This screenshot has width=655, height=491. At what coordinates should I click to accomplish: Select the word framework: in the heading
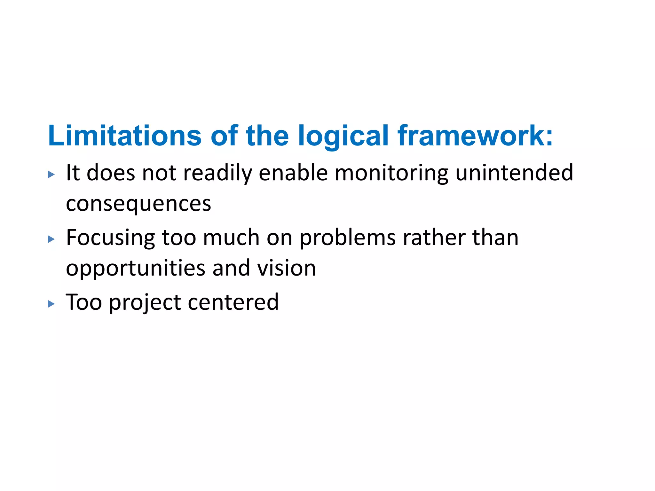click(x=475, y=136)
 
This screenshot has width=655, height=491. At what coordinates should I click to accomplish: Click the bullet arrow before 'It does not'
click(x=51, y=174)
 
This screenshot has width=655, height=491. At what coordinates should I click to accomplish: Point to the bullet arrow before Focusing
click(x=51, y=239)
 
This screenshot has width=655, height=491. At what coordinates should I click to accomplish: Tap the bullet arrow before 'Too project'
click(x=51, y=304)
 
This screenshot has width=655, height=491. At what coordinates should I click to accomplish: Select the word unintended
click(x=514, y=173)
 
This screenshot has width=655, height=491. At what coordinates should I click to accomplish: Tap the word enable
click(x=293, y=173)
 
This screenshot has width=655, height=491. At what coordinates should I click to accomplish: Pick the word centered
click(x=233, y=302)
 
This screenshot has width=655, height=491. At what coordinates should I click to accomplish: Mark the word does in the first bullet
click(x=111, y=173)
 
